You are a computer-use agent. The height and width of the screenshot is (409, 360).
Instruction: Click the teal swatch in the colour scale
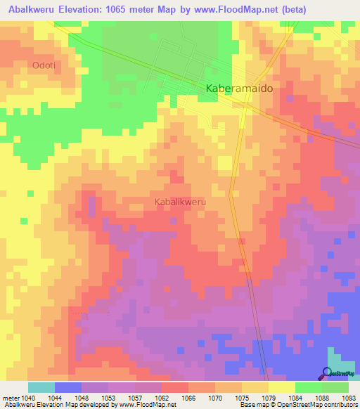pos(41,387)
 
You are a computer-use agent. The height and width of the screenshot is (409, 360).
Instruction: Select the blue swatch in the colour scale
pos(68,387)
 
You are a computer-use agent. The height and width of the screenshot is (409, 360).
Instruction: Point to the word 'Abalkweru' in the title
pos(30,10)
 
